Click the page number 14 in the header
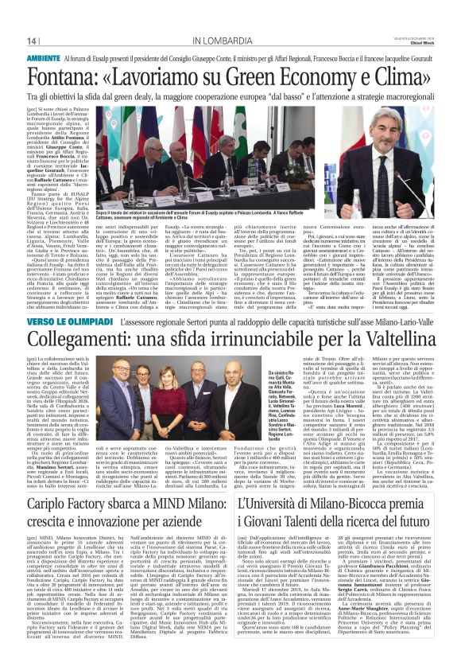[x=31, y=41]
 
